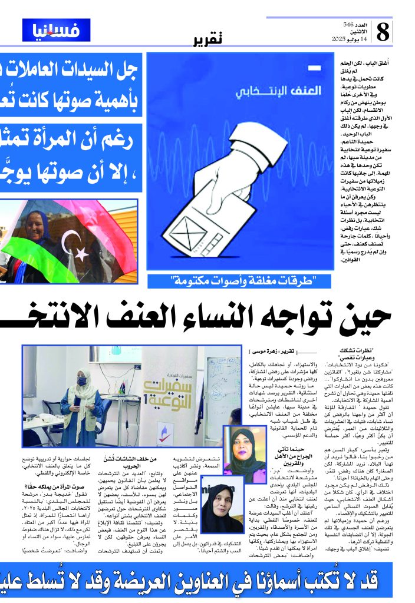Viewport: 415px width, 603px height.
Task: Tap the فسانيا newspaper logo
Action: [57, 30]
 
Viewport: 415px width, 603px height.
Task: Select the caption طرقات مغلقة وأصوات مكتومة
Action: [240, 281]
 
